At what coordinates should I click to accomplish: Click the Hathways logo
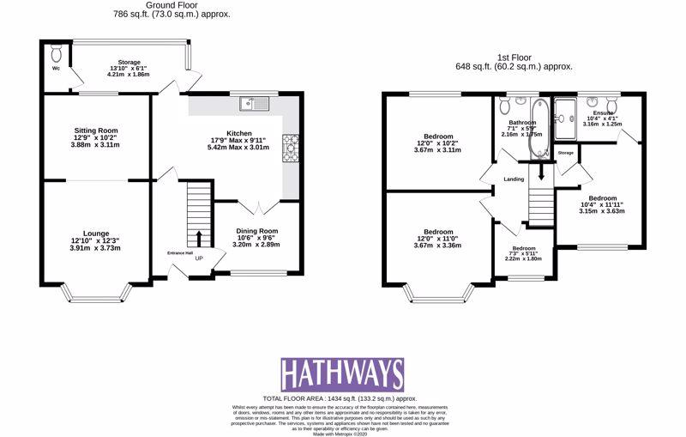click(x=342, y=374)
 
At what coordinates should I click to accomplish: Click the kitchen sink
click(x=256, y=104)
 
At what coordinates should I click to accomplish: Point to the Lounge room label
click(x=96, y=232)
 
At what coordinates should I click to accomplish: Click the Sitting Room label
click(x=96, y=130)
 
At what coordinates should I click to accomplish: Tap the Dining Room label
click(x=256, y=230)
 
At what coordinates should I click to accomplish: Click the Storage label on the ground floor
click(x=129, y=62)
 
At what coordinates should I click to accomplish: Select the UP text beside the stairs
click(x=200, y=258)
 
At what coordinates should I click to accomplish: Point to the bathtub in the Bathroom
click(x=539, y=130)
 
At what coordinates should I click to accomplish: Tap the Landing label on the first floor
click(x=514, y=179)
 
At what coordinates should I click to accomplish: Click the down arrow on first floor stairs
click(x=540, y=172)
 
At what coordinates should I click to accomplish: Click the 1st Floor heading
click(x=514, y=58)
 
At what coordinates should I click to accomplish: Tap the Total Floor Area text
click(x=343, y=399)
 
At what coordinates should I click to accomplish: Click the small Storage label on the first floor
click(x=565, y=153)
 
